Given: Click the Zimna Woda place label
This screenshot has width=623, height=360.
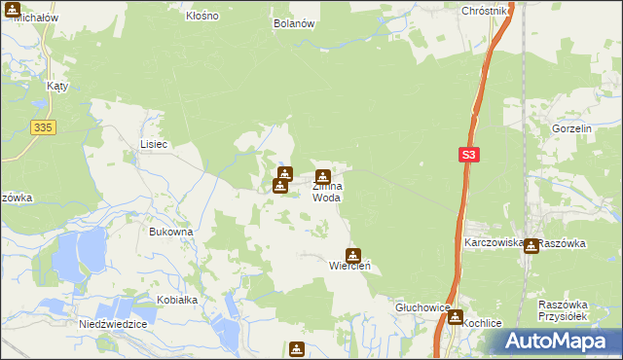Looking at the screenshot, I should [x=326, y=192].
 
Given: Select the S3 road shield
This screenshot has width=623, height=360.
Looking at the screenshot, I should [x=469, y=155].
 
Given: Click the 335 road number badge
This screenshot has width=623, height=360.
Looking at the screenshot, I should [x=40, y=126].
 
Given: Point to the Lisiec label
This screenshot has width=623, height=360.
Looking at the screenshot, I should [x=154, y=144].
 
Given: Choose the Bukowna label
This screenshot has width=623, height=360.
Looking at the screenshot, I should [x=170, y=232].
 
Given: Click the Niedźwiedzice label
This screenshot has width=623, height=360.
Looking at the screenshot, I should [x=112, y=324].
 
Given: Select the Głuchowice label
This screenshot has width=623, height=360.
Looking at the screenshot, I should [x=422, y=306].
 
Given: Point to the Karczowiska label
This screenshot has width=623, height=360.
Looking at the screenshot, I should [x=495, y=242].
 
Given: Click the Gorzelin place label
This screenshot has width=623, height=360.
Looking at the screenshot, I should [x=572, y=128].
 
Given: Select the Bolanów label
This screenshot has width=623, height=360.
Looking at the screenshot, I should [x=294, y=23].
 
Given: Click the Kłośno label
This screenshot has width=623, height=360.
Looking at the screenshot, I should [x=202, y=17].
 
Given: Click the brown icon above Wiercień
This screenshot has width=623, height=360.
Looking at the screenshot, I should [x=354, y=254].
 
